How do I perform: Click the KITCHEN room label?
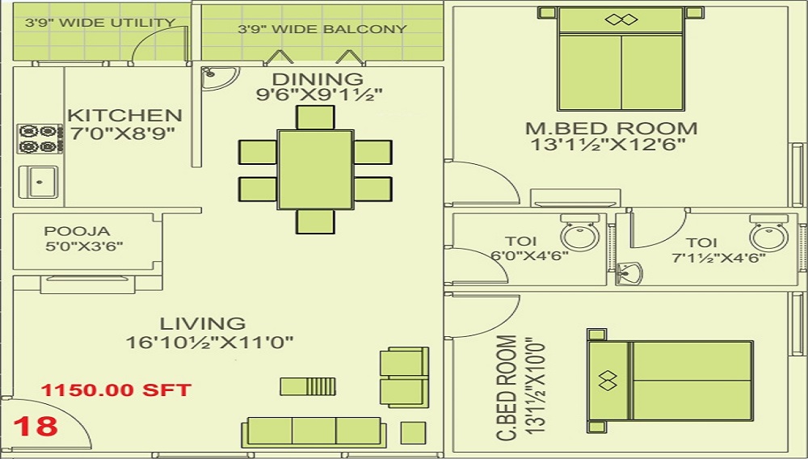124,116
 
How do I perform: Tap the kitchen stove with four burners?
40,138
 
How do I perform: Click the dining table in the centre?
314,168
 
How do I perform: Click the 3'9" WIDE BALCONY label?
322,29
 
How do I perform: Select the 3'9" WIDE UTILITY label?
100,23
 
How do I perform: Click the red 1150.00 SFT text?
116,390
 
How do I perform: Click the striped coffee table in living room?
307,386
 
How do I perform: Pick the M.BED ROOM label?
611,128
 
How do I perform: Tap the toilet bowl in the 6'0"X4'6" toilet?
579,235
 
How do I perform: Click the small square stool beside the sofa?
414,432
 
